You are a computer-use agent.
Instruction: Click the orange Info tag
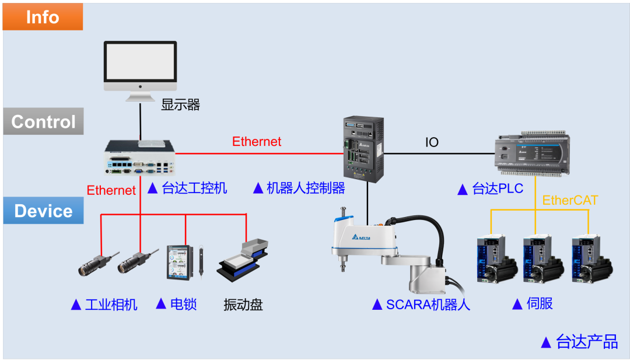point(43,16)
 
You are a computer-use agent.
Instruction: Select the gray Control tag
point(43,121)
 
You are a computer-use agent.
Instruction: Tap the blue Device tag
point(43,211)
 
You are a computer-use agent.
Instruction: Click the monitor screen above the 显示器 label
point(140,62)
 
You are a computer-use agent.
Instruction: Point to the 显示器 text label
point(180,105)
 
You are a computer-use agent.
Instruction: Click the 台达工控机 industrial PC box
point(140,158)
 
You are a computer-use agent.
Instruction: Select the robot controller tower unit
point(363,149)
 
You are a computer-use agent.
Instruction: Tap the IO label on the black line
point(432,142)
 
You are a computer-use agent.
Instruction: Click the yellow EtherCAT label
point(570,200)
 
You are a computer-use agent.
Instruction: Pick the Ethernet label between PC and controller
point(257,141)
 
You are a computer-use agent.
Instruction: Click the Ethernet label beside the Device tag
point(111,190)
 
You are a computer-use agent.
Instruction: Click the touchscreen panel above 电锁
point(180,263)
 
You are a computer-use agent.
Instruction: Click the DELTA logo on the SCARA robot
point(361,237)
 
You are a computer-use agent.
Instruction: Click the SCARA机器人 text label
point(428,305)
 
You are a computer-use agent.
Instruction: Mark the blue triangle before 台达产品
point(546,342)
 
